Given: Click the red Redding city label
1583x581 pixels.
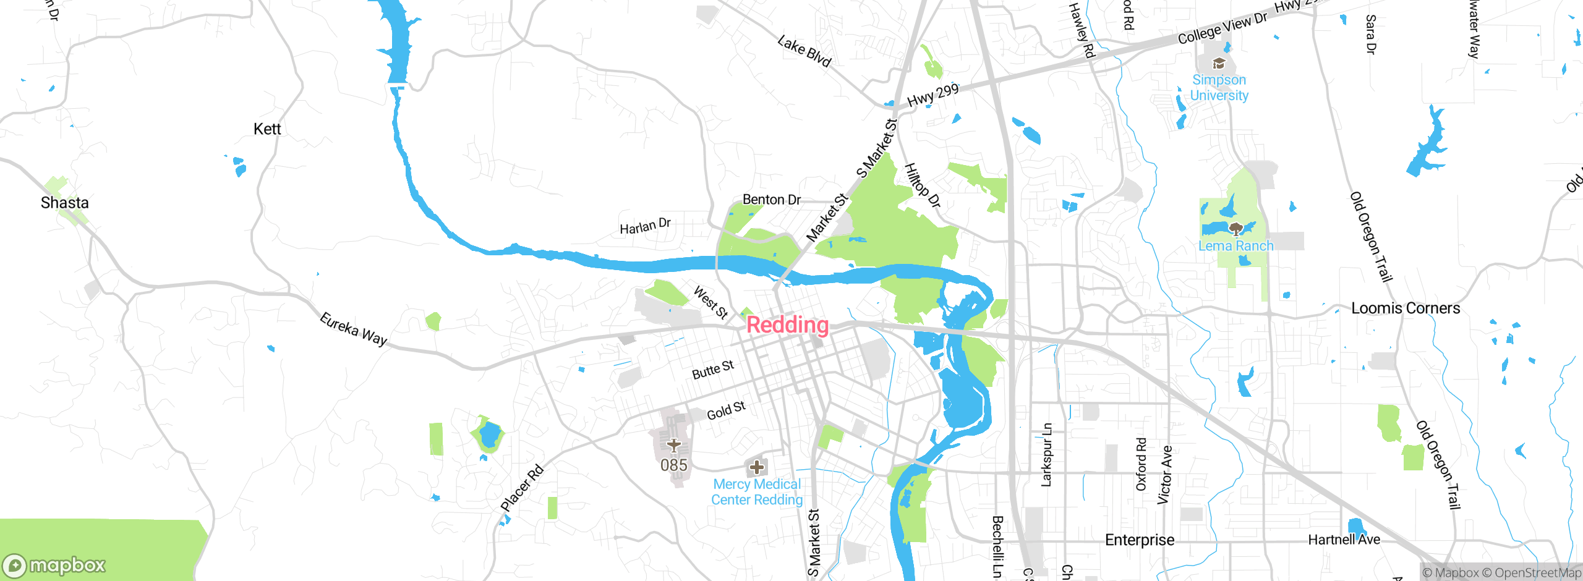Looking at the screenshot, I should [787, 325].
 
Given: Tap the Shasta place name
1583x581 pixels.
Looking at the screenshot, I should [64, 203].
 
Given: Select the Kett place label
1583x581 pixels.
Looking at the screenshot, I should [267, 129].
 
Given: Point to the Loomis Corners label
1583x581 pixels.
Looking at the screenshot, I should [1405, 308].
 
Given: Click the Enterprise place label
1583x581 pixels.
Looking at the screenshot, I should [1139, 540].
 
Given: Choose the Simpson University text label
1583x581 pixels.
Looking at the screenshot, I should [1219, 88].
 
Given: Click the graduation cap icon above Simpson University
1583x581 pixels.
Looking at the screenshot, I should [1219, 63].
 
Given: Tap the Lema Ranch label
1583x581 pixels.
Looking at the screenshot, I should [1235, 246].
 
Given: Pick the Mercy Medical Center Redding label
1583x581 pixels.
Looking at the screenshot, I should [757, 492].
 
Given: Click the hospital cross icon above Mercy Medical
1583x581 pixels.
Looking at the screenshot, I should [756, 467].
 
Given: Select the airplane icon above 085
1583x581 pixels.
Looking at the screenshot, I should [674, 445].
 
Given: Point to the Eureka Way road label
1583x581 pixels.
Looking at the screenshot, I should [353, 329].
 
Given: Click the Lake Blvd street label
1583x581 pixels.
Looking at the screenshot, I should [804, 51].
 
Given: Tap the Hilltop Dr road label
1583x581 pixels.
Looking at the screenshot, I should [922, 185].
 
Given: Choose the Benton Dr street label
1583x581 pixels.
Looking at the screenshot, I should [771, 200].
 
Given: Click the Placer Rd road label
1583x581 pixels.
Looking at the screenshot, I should [522, 488].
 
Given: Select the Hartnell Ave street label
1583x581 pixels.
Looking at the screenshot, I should [1344, 540].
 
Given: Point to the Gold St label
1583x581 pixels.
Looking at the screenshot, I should [726, 410].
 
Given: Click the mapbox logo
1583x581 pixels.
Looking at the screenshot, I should [54, 565].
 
